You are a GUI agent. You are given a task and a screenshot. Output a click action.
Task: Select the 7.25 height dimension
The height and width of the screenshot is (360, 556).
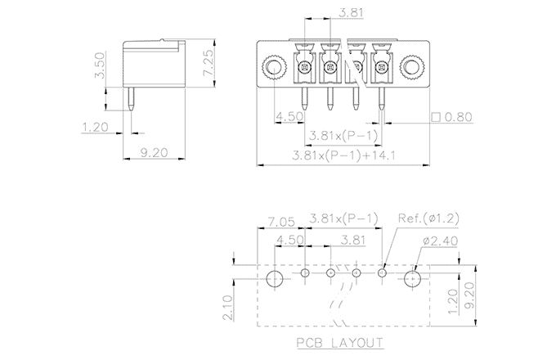point(208,62)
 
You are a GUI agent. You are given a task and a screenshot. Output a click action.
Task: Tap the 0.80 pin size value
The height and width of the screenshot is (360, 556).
point(459,117)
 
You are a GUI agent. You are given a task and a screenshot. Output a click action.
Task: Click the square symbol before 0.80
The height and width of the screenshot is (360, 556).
point(436,117)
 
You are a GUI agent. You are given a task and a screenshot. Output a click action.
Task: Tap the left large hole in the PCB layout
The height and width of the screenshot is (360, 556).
point(275,278)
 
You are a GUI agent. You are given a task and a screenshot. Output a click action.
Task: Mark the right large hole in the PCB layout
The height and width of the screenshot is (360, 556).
point(412,278)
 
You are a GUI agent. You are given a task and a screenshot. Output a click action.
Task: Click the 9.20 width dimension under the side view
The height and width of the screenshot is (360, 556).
point(153,151)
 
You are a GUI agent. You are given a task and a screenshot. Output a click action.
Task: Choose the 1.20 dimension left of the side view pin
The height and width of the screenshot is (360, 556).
point(96,127)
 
